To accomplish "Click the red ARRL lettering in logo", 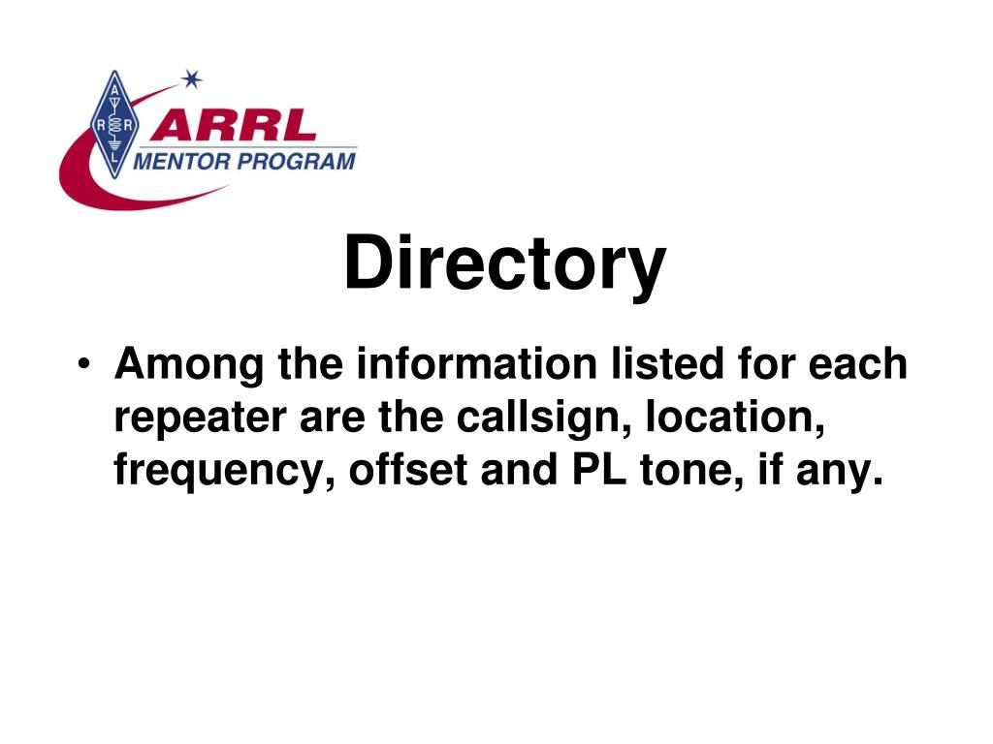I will tap(234, 126).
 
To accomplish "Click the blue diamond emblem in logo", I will tap(114, 124).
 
